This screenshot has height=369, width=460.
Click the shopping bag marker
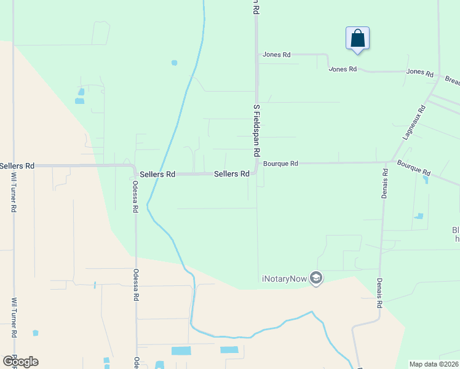357,39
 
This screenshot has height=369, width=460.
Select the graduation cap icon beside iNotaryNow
317,278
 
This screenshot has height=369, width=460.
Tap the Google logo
20,362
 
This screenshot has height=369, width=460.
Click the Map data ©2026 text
433,364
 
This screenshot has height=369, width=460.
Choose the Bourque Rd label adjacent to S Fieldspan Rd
280,164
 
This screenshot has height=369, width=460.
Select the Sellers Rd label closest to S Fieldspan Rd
232,174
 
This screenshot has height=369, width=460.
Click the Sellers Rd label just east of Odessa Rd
157,175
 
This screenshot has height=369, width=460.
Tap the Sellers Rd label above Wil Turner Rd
17,166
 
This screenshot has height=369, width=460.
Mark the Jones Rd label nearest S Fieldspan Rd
276,55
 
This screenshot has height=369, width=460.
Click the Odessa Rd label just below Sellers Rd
135,196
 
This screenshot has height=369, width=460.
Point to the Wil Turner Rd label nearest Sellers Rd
14,192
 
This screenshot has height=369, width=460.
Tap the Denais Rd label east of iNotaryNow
379,295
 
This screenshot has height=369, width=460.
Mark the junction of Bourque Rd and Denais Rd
386,162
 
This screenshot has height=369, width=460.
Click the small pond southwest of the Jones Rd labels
175,63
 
